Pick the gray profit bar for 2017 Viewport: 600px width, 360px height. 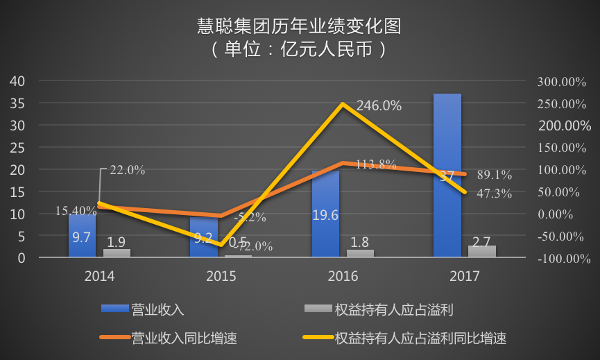[x=482, y=251]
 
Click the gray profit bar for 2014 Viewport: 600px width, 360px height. [x=117, y=253]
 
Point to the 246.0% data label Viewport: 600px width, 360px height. [x=379, y=106]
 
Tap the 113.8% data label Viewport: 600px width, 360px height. [x=376, y=165]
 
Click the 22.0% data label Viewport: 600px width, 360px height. [x=128, y=170]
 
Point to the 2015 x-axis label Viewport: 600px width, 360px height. [x=221, y=277]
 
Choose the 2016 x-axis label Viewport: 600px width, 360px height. [x=343, y=277]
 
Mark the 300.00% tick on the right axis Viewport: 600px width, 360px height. [x=563, y=82]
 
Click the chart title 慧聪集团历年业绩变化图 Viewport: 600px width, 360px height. [x=300, y=27]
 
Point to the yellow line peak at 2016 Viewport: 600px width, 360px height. [x=343, y=105]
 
